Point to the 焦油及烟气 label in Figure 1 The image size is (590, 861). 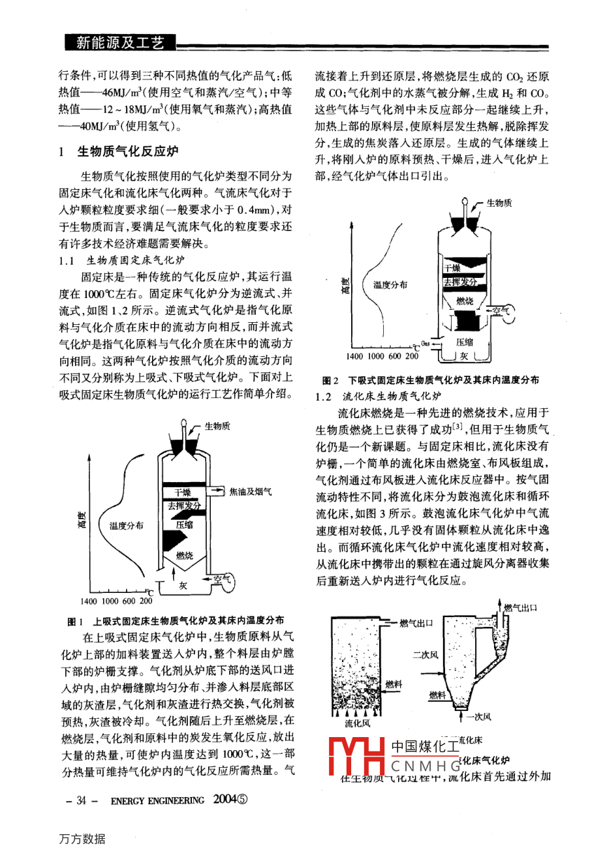pos(251,492)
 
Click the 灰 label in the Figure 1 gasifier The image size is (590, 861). pos(183,586)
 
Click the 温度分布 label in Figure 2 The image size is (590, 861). pos(390,284)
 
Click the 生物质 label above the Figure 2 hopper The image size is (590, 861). pos(499,203)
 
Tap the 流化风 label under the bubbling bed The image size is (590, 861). pos(357,723)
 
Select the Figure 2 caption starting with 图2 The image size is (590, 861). pos(431,380)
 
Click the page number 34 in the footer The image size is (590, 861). pos(82,800)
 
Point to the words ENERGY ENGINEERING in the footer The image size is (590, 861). pos(157,800)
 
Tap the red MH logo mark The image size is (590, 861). pos(355,757)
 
